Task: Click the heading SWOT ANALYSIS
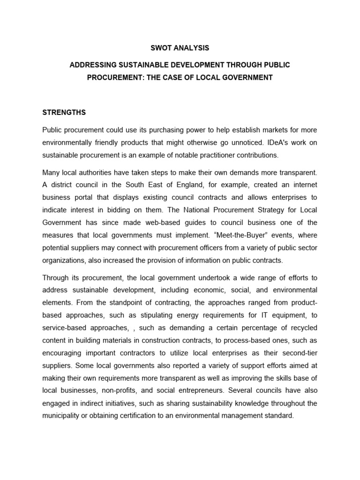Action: pyautogui.click(x=180, y=48)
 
